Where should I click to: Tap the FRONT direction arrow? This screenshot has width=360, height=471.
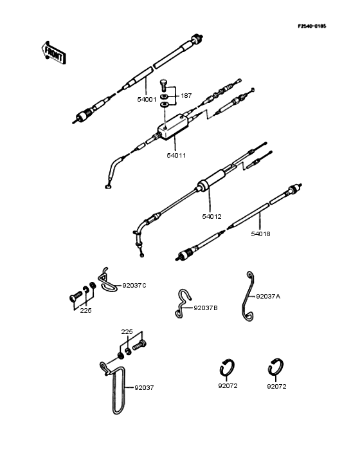click(x=53, y=53)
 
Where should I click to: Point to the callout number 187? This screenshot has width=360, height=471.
click(x=186, y=95)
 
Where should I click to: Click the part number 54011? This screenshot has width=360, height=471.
click(x=177, y=155)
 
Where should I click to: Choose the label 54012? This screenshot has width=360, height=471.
click(x=212, y=216)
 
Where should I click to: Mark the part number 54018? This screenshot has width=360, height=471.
click(x=260, y=234)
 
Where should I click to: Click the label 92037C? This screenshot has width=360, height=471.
click(x=134, y=284)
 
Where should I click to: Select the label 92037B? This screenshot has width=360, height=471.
click(x=205, y=308)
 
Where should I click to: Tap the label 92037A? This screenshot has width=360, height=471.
click(x=268, y=297)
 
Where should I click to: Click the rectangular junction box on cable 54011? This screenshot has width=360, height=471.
click(x=173, y=126)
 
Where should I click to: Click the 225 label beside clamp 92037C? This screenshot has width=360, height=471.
click(x=85, y=311)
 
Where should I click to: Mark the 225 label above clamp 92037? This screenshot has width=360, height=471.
click(x=127, y=331)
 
